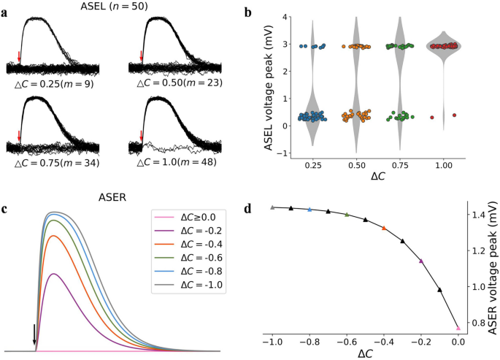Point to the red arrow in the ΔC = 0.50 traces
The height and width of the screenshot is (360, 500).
click(142, 55)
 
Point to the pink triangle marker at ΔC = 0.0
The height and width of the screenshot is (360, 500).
click(458, 329)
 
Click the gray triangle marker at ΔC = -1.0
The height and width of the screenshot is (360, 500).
click(272, 207)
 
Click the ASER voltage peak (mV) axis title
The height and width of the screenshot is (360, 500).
click(493, 269)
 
